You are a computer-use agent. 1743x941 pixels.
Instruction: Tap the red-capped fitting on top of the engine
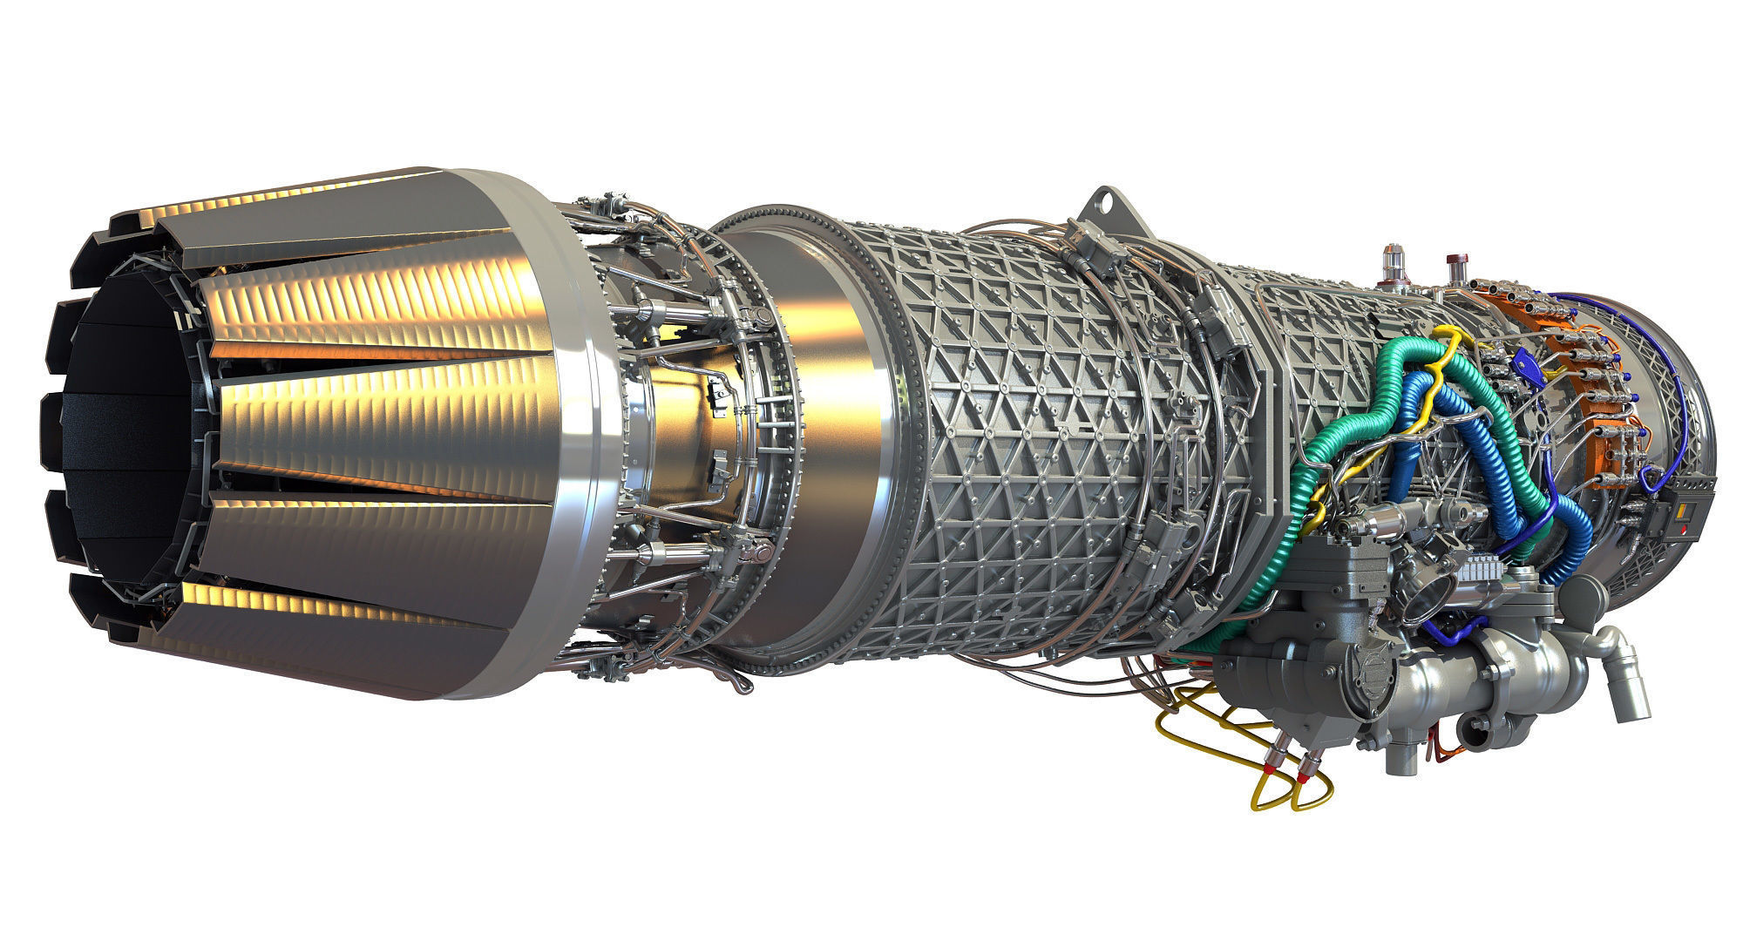pyautogui.click(x=1455, y=263)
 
